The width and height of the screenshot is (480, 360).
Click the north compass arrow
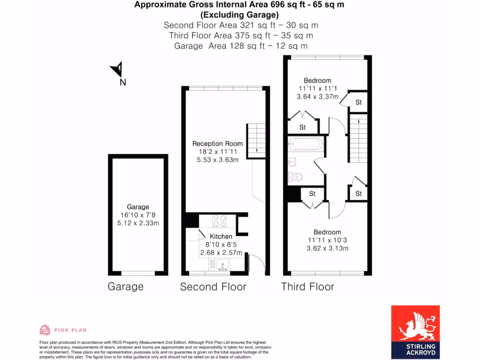tap(118, 70)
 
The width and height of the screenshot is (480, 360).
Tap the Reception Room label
tap(217, 143)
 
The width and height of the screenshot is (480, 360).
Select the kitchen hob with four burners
tap(219, 220)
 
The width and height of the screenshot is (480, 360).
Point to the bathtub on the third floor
tap(304, 144)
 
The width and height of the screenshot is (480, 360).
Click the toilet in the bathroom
tap(295, 177)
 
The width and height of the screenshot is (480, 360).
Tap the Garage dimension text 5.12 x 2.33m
tap(138, 223)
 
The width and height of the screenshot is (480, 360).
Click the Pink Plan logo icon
tap(45, 330)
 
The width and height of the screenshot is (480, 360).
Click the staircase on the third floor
tap(358, 140)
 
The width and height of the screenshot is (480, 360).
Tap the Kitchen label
tap(221, 237)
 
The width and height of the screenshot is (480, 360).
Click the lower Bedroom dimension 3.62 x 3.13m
tap(327, 248)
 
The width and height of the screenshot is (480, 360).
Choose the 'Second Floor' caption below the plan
tap(213, 287)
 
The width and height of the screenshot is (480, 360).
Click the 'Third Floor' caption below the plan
tap(307, 286)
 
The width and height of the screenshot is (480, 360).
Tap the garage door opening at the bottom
tap(138, 273)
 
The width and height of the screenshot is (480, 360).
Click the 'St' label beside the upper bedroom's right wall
tap(358, 102)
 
